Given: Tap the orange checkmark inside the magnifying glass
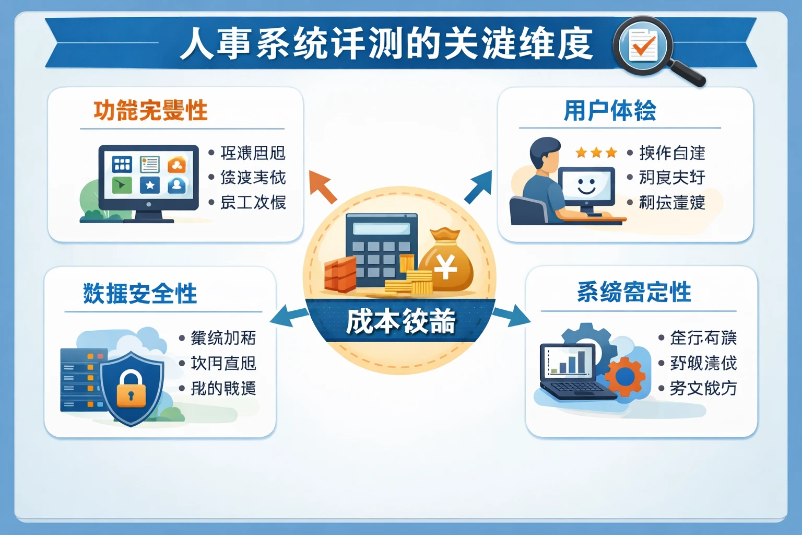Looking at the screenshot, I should pos(644,48).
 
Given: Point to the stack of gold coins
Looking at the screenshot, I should pos(412,283).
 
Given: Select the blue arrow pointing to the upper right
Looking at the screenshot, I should pos(478,187).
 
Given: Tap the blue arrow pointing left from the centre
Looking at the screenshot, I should pos(289,317).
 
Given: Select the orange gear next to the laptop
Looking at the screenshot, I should pos(625,376).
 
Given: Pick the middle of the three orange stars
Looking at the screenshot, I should pos(596,153).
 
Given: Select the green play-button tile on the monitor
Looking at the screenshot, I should pos(122,184).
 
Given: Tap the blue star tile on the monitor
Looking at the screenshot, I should pos(150,185).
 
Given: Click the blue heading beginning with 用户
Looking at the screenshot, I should pos(610,111).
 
